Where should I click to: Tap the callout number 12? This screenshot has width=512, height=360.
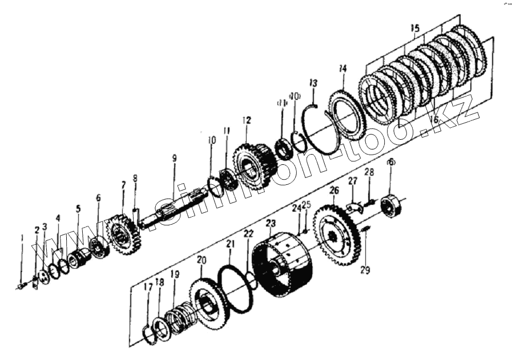[246, 120]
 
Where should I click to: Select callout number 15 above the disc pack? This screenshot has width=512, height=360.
[415, 28]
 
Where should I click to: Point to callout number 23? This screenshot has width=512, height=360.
[271, 223]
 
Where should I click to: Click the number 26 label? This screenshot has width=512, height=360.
[334, 190]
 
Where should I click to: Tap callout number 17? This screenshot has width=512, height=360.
[148, 288]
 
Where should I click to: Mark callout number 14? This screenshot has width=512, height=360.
[342, 69]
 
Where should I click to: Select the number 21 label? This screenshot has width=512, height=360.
[229, 244]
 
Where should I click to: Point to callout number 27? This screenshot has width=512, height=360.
[352, 181]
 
